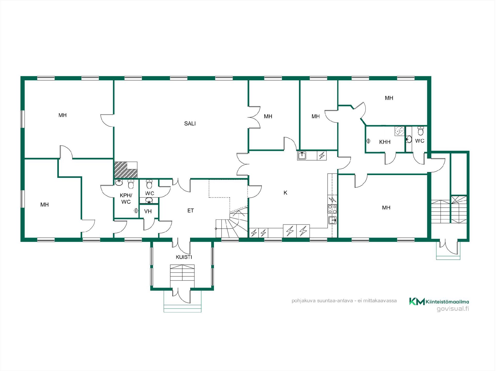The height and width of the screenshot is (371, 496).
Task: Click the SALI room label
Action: [x=190, y=124]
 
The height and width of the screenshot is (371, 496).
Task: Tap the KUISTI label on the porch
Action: [x=184, y=257]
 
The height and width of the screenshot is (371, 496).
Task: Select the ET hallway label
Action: [x=190, y=211]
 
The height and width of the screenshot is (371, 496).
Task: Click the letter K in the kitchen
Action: [x=285, y=193]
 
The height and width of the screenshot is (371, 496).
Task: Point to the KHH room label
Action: [x=385, y=142]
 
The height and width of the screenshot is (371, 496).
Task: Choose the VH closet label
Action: [x=148, y=211]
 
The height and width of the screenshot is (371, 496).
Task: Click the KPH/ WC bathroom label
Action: [x=126, y=199]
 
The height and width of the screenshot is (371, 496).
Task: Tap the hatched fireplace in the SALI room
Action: [x=126, y=170]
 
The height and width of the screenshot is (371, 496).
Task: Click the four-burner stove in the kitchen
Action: [x=332, y=209]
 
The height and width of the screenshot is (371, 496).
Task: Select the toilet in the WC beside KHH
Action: [x=421, y=131]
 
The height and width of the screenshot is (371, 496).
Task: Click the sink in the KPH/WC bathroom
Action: [x=119, y=183]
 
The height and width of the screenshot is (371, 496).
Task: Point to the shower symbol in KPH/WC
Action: [x=136, y=211]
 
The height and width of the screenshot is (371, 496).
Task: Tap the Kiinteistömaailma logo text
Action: [x=447, y=302]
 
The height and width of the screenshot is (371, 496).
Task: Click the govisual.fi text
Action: [x=453, y=309]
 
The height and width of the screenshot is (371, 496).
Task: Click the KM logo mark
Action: [x=417, y=301]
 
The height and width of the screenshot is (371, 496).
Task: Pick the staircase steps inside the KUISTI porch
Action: [x=182, y=272]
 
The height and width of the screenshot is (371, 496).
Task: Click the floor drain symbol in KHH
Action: [x=399, y=131]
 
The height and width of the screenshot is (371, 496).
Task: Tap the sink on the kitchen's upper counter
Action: [x=302, y=155]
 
